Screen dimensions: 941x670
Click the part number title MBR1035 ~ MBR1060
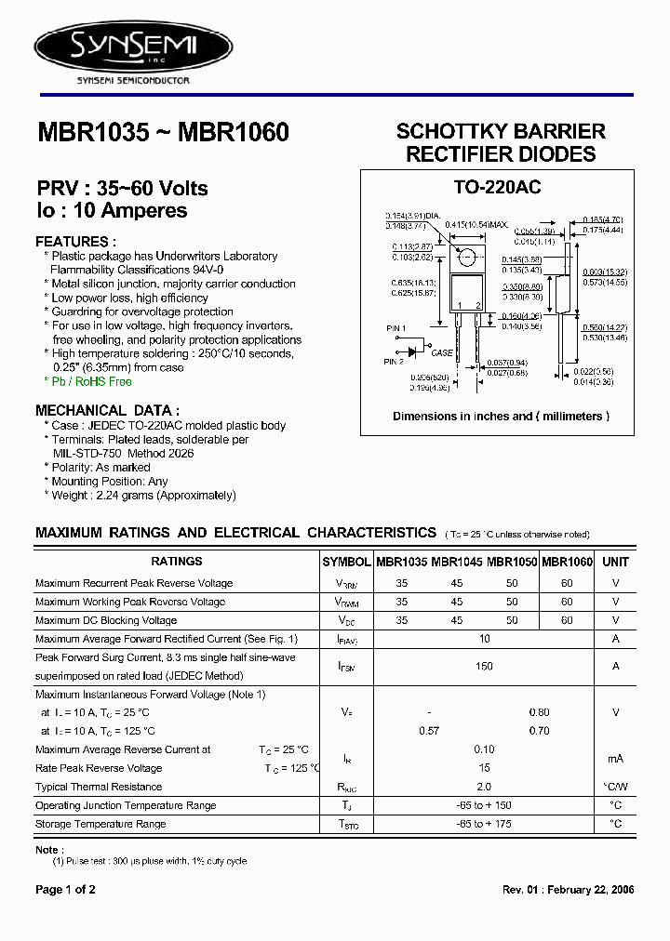[x=163, y=133]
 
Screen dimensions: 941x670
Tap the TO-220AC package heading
[x=497, y=187]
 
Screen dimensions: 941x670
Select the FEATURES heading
[x=73, y=241]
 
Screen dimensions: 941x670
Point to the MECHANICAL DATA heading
[x=107, y=410]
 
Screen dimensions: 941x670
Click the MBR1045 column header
[x=457, y=562]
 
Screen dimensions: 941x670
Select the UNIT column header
[x=615, y=562]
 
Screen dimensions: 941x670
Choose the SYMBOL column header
[x=346, y=562]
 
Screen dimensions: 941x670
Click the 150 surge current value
[x=484, y=667]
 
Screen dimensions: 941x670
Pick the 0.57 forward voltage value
[x=429, y=731]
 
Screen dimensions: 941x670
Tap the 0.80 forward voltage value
[x=539, y=712]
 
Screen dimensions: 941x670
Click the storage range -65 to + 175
[x=484, y=824]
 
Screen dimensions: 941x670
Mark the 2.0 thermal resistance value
[x=484, y=787]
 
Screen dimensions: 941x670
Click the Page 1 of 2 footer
[x=65, y=890]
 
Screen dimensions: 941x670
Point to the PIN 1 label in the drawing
[x=397, y=329]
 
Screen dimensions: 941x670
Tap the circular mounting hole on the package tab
[x=467, y=258]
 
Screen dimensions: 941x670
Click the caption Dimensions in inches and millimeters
[x=501, y=417]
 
